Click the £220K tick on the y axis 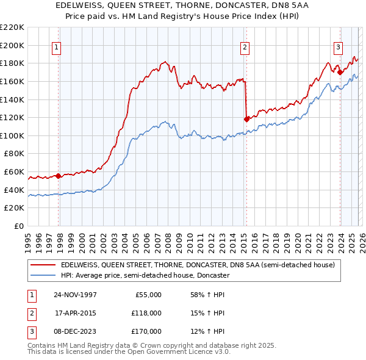[12, 27]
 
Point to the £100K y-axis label [12, 135]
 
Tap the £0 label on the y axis [20, 226]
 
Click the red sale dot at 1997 [59, 176]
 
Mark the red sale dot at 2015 [246, 119]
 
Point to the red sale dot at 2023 [340, 72]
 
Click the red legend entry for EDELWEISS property [197, 265]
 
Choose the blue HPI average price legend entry [145, 276]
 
